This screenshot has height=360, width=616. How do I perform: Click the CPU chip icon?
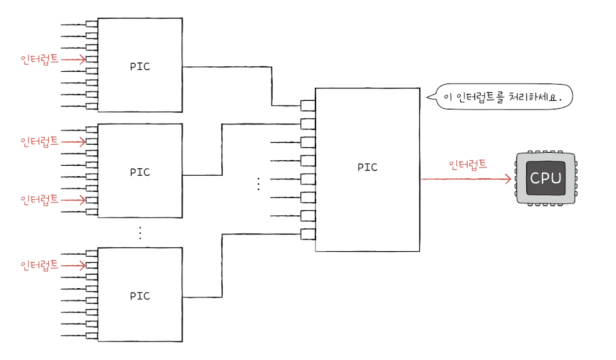tap(545, 179)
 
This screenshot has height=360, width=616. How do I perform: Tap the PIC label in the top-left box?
tap(140, 66)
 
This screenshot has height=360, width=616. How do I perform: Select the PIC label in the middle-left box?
tap(140, 172)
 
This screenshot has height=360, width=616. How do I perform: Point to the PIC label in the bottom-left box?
tap(140, 296)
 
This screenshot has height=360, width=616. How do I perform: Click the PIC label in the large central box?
tap(367, 167)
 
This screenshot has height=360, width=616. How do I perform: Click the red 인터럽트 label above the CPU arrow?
tap(468, 165)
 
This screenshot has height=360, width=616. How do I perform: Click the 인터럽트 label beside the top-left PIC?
tap(40, 59)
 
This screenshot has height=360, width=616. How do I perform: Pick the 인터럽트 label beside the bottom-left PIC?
tap(40, 265)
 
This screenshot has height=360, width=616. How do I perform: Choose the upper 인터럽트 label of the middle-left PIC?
tap(40, 142)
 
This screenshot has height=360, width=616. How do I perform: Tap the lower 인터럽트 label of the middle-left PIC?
tap(40, 200)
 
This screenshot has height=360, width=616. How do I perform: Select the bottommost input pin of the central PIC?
tap(308, 234)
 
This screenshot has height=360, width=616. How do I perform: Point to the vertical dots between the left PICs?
tap(140, 233)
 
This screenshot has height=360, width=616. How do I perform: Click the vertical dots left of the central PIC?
tap(259, 184)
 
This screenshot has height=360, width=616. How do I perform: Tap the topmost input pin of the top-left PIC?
tap(92, 25)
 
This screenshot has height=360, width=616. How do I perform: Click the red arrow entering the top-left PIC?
tap(74, 60)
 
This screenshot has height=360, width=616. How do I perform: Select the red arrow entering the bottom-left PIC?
tap(74, 266)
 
